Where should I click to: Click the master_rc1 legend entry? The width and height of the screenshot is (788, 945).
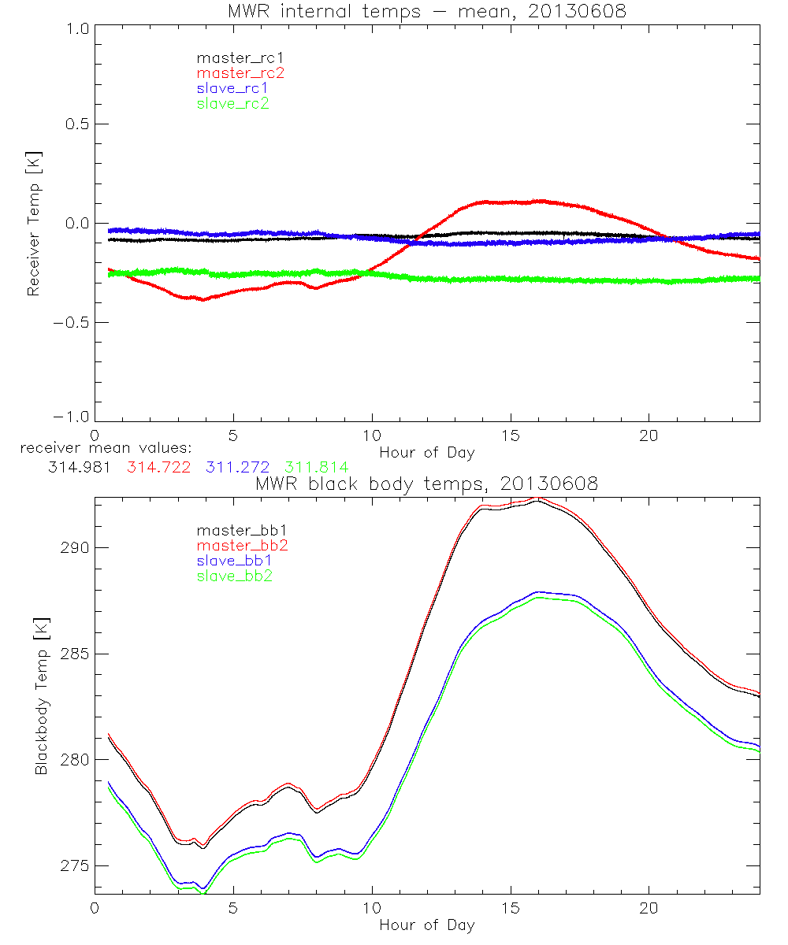point(232,58)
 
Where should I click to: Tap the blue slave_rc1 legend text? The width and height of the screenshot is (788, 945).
point(232,88)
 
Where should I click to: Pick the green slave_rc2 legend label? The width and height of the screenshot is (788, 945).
point(232,103)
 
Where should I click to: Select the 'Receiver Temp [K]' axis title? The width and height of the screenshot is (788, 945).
point(34,225)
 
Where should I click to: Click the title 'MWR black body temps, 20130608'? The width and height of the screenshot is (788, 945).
point(426,484)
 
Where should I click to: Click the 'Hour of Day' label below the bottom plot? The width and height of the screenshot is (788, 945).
point(426,925)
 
